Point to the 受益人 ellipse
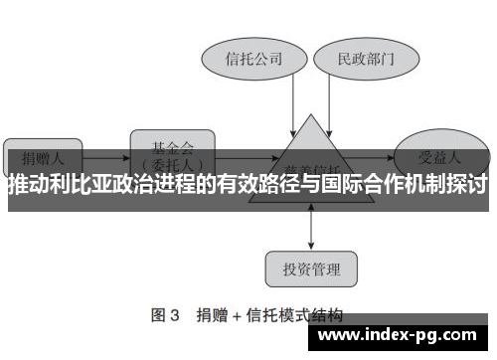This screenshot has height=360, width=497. (x=440, y=156)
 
